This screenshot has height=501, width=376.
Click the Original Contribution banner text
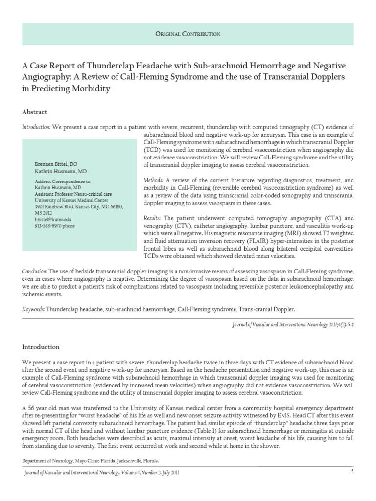pyautogui.click(x=188, y=34)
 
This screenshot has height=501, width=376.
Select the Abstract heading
pyautogui.click(x=35, y=112)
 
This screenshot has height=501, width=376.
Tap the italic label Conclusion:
pyautogui.click(x=35, y=271)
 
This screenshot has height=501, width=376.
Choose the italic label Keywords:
pyautogui.click(x=33, y=309)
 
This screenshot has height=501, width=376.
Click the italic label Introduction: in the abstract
pyautogui.click(x=36, y=127)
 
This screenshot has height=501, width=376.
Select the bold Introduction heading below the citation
pyautogui.click(x=41, y=347)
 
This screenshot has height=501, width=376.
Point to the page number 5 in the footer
pyautogui.click(x=352, y=471)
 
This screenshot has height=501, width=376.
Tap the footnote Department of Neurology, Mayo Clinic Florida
pyautogui.click(x=91, y=461)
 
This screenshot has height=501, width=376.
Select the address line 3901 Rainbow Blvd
pyautogui.click(x=77, y=207)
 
